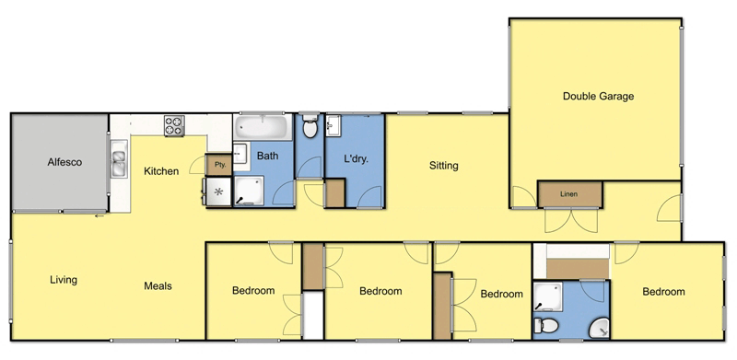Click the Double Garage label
(x=599, y=96)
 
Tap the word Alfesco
(x=65, y=162)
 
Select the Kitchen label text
(x=161, y=170)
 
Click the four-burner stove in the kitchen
(x=175, y=125)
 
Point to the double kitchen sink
(x=119, y=164)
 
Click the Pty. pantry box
(x=219, y=164)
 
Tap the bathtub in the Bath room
(x=263, y=127)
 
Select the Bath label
(x=267, y=157)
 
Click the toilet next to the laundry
(x=310, y=128)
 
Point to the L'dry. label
(x=356, y=159)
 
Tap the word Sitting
(x=444, y=167)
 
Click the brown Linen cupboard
(x=569, y=194)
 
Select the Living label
(x=63, y=280)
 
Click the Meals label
(x=158, y=285)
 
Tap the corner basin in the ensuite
(x=598, y=325)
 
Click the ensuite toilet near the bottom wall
(x=545, y=325)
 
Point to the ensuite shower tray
(x=551, y=295)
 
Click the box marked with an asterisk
(x=218, y=192)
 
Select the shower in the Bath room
(x=248, y=190)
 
